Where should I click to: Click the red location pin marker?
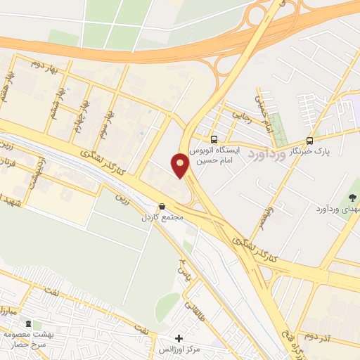pyautogui.click(x=180, y=166)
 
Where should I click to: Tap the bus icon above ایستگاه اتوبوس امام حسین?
pyautogui.click(x=214, y=140)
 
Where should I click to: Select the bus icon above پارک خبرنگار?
pyautogui.click(x=309, y=140)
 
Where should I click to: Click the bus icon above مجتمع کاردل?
pyautogui.click(x=162, y=207)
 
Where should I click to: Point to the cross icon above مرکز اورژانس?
pyautogui.click(x=179, y=338)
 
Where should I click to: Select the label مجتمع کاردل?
pyautogui.click(x=162, y=217)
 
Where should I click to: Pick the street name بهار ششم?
pyautogui.click(x=51, y=108)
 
